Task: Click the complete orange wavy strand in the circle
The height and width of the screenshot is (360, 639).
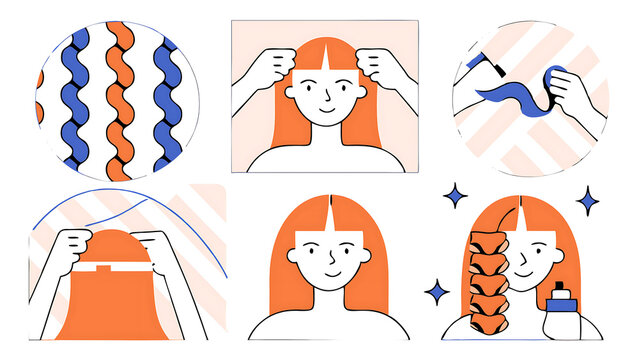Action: pyautogui.click(x=119, y=100)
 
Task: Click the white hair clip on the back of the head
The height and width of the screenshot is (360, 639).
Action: pyautogui.click(x=106, y=269)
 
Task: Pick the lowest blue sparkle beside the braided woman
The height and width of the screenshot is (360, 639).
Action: pyautogui.click(x=436, y=291)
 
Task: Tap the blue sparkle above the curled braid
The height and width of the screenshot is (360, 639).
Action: pyautogui.click(x=456, y=195)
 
